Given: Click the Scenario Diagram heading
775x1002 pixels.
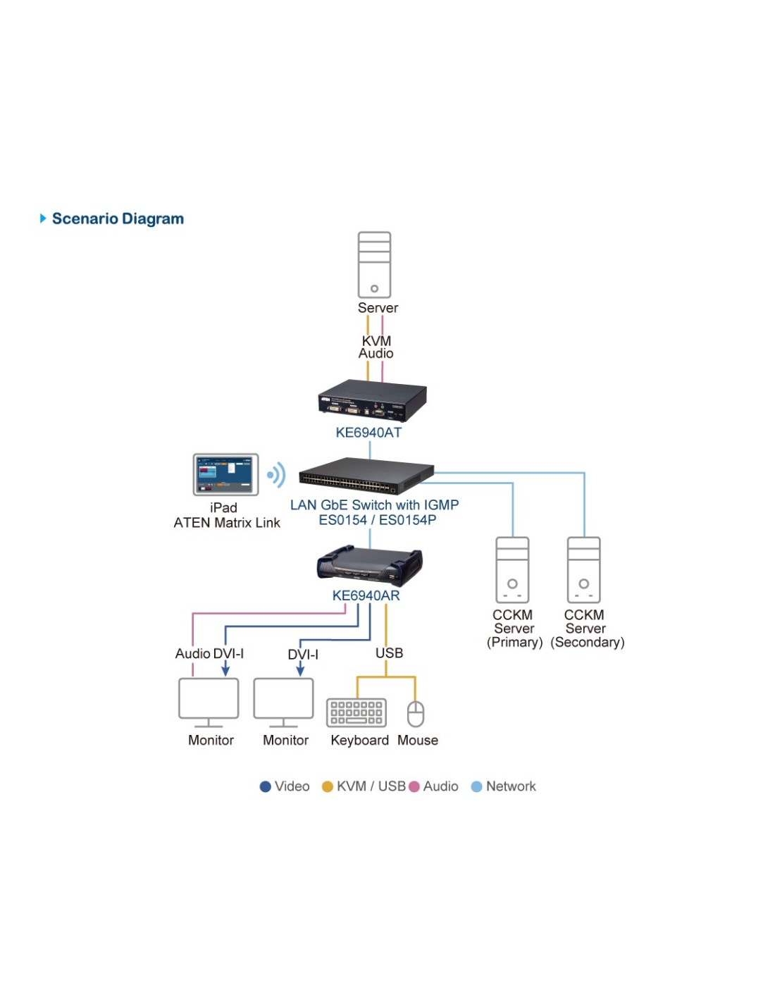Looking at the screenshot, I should [117, 218].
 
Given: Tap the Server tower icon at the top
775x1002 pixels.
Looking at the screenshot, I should [374, 265].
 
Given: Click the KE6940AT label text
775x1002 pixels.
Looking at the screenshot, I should [368, 433].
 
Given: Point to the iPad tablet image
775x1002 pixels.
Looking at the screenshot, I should [225, 474].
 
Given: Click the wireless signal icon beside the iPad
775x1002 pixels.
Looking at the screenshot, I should [277, 475].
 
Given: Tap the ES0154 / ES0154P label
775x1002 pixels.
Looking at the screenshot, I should [377, 520].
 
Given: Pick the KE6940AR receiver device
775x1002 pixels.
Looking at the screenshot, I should [369, 566].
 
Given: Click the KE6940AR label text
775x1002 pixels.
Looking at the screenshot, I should [366, 595].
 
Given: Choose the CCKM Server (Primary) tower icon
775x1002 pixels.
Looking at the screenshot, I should [512, 569].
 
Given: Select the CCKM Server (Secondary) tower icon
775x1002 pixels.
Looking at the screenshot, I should [584, 569].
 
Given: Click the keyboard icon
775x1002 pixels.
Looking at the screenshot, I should [356, 712].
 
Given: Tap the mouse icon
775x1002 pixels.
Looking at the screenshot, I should [416, 713].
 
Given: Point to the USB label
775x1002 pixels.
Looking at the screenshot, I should [389, 653].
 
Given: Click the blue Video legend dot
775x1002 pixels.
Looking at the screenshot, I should [266, 786].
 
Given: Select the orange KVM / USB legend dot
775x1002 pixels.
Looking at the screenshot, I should [327, 786].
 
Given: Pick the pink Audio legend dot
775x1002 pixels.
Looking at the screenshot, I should [414, 786].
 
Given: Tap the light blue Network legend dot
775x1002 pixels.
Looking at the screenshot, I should [476, 786].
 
